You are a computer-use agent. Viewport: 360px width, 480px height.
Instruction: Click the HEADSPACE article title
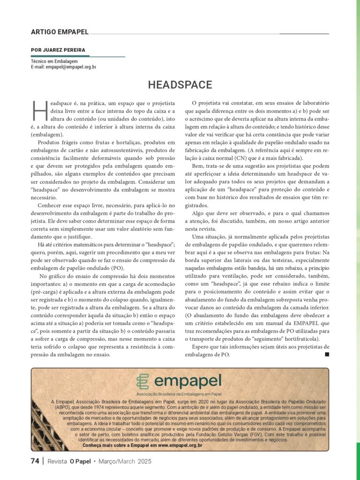click(180, 85)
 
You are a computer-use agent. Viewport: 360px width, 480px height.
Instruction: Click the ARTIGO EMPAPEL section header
click(60, 32)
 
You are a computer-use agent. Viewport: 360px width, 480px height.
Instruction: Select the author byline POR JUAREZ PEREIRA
click(58, 50)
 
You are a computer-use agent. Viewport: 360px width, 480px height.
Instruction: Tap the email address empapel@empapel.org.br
click(71, 67)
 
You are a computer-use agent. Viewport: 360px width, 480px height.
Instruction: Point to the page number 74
click(35, 461)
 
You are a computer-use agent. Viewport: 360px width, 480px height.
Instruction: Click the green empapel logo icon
click(142, 382)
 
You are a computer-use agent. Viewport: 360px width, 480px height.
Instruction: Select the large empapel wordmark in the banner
click(187, 381)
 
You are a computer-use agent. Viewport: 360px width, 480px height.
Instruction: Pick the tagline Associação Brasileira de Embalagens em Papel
click(179, 394)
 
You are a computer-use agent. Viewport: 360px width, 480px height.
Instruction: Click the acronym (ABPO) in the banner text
click(60, 407)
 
